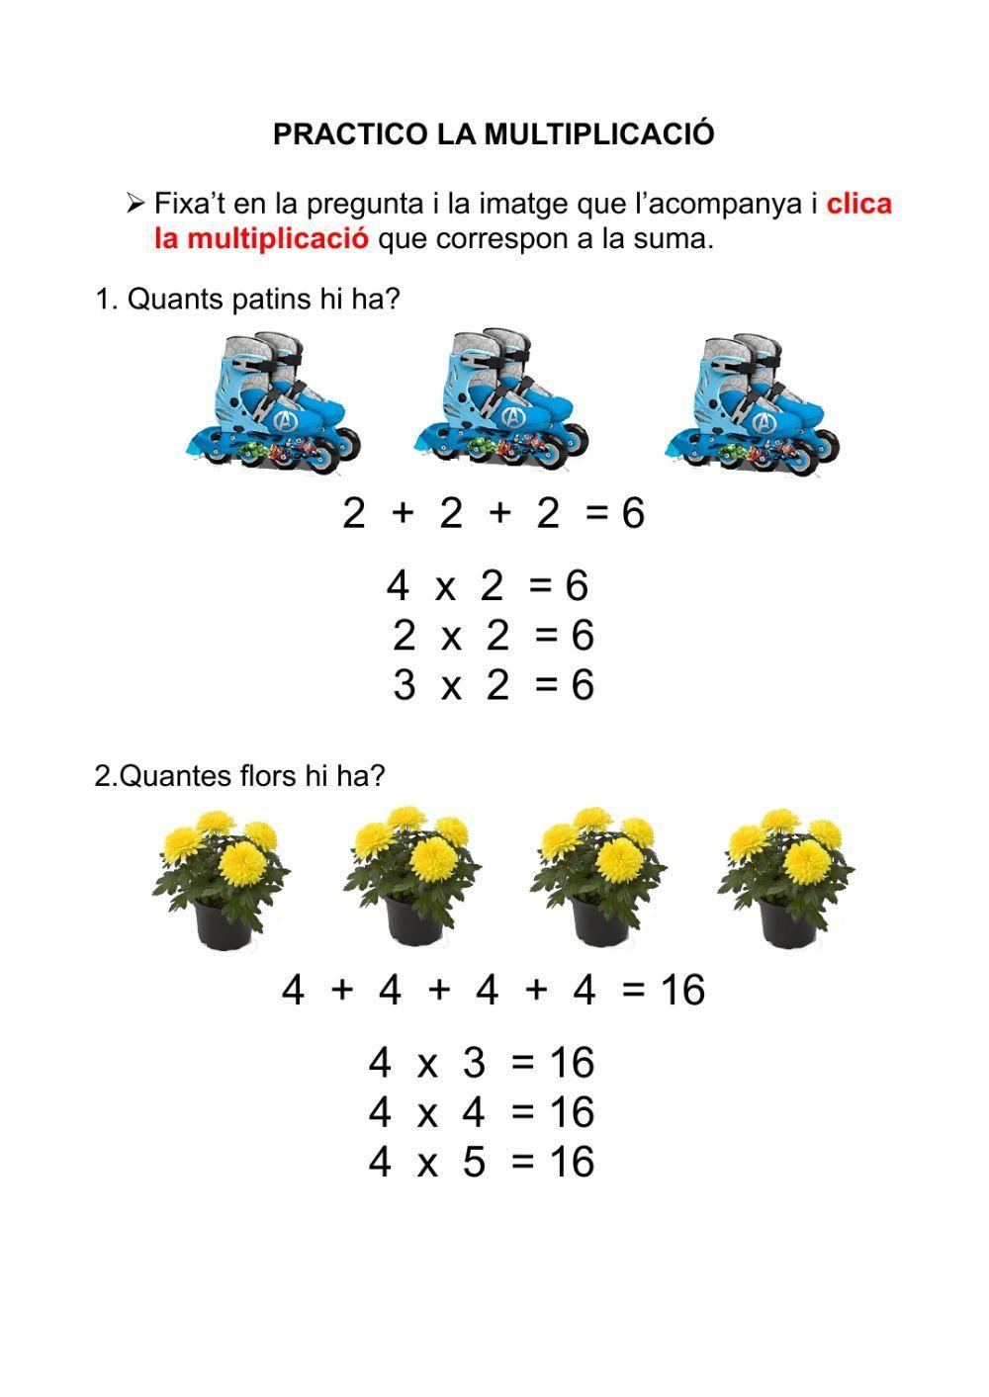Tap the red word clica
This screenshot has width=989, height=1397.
click(858, 204)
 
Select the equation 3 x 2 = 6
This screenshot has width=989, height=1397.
click(493, 684)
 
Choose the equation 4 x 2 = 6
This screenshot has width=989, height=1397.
click(488, 585)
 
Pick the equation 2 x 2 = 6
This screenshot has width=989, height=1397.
click(493, 635)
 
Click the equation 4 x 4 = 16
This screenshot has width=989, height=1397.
click(482, 1112)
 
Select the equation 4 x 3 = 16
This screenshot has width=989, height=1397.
click(482, 1063)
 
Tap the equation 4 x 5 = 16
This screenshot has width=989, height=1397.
click(482, 1162)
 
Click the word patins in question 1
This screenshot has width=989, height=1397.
click(272, 299)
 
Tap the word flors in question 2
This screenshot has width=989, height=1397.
click(269, 776)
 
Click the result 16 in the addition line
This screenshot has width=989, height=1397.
click(682, 990)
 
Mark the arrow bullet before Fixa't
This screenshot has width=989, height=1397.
click(135, 205)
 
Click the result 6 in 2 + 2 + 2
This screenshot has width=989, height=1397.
click(633, 513)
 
